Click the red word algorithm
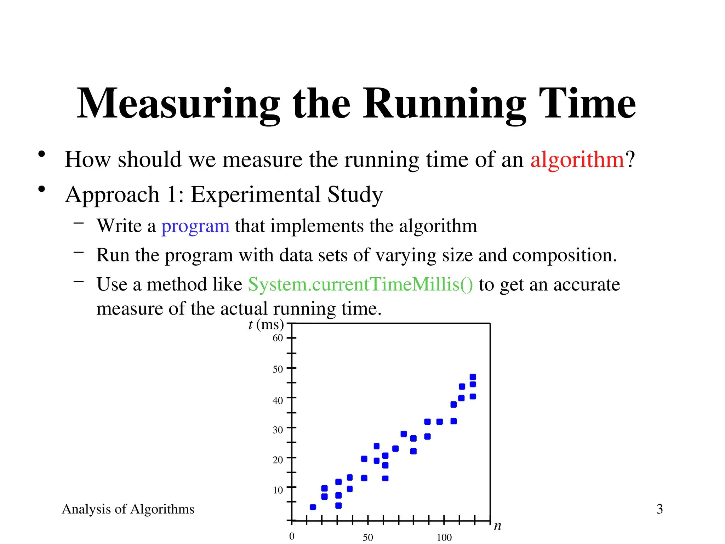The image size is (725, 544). pos(577,160)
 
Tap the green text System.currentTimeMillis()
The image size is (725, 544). pos(360,285)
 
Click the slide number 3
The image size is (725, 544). pos(660,509)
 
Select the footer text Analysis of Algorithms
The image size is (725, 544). pos(128,509)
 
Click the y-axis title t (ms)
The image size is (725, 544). pos(266,324)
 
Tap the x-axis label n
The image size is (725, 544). pos(497,526)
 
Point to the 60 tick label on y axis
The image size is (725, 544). pos(278,338)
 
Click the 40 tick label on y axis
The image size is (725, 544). pos(278,401)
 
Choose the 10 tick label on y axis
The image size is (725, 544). pos(278,490)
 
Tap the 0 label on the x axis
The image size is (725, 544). pos(292,536)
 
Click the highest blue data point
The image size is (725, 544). pos(473,377)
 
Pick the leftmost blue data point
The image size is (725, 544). pos(313,507)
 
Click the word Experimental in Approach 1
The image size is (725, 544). pos(256,195)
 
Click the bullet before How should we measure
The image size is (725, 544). pos(42,154)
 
